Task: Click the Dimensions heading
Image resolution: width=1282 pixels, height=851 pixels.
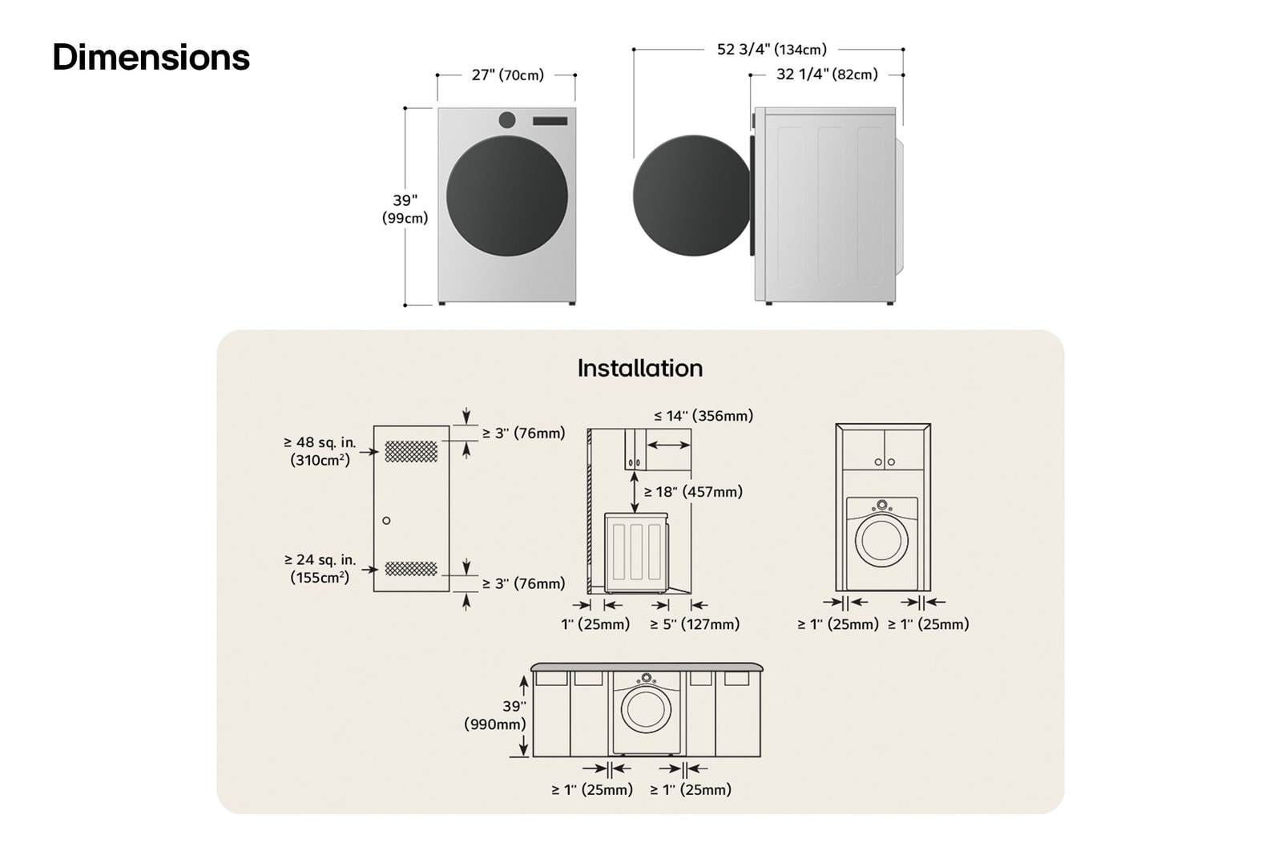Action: point(151,58)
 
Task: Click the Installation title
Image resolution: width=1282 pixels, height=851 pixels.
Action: point(639,368)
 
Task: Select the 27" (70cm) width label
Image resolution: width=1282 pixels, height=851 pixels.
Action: point(507,75)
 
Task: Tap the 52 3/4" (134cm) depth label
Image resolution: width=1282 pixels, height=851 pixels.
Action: point(771,50)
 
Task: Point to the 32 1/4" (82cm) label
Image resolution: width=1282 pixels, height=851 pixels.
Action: point(827,75)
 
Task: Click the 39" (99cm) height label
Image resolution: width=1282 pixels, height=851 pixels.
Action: point(405,209)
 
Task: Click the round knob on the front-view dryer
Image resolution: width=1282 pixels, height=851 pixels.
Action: point(507,120)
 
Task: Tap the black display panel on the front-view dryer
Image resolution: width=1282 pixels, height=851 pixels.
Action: point(550,121)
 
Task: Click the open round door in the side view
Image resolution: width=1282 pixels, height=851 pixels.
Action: point(691,196)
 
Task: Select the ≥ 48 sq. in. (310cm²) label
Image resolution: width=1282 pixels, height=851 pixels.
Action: point(319,451)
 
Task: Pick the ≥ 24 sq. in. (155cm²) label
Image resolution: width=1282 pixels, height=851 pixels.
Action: point(319,568)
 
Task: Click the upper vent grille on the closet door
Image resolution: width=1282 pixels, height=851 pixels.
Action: point(411,452)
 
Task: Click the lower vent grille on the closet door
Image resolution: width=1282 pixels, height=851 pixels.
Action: point(411,569)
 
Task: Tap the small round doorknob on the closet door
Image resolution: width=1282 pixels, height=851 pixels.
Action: point(386,521)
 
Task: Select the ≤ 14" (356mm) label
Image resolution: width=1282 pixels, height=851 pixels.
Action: point(703,416)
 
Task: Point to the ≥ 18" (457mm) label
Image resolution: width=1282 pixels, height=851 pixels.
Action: point(693,492)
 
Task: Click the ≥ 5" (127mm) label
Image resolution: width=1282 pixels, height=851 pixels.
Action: point(694,624)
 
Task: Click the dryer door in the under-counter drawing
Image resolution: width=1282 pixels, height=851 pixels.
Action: point(646,709)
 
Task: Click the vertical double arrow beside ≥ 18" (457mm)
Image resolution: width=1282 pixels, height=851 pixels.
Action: point(635,492)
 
